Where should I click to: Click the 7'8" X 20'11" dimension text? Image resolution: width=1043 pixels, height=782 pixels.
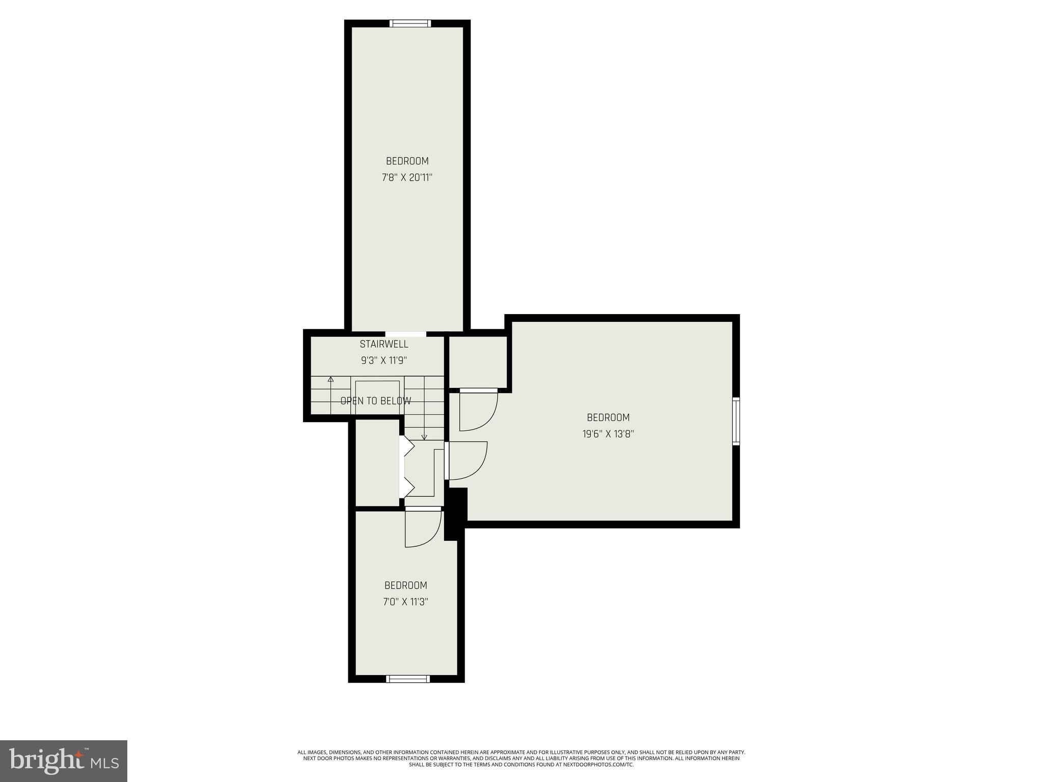pos(407,178)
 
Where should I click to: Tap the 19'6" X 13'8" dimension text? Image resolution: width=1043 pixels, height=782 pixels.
pos(608,434)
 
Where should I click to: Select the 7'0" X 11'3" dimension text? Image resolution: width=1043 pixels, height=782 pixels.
pos(405,602)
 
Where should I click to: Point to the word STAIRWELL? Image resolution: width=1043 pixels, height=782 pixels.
pos(383,344)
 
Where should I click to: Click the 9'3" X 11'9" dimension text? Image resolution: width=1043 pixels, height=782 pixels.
pos(383,360)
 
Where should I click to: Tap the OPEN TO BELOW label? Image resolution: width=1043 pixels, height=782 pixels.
pos(375,401)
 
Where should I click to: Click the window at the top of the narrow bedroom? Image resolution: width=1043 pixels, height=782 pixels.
pos(410,23)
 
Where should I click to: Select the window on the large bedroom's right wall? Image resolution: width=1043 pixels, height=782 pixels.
pos(736,422)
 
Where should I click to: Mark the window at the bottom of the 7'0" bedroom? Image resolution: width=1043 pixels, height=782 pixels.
pos(408,679)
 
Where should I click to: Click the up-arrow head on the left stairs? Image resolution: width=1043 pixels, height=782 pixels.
pos(331,379)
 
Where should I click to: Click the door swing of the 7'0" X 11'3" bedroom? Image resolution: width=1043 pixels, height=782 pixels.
pos(423,528)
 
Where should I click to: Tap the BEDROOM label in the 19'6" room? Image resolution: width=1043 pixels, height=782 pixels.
pos(608,417)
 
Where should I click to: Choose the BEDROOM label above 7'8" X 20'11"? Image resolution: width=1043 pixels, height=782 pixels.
pos(407,161)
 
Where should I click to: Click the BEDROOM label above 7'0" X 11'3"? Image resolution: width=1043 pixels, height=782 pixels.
pos(405,585)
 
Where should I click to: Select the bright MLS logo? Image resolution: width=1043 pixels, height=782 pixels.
pos(64,761)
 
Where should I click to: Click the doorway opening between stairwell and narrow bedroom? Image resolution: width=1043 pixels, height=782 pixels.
pos(406,334)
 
